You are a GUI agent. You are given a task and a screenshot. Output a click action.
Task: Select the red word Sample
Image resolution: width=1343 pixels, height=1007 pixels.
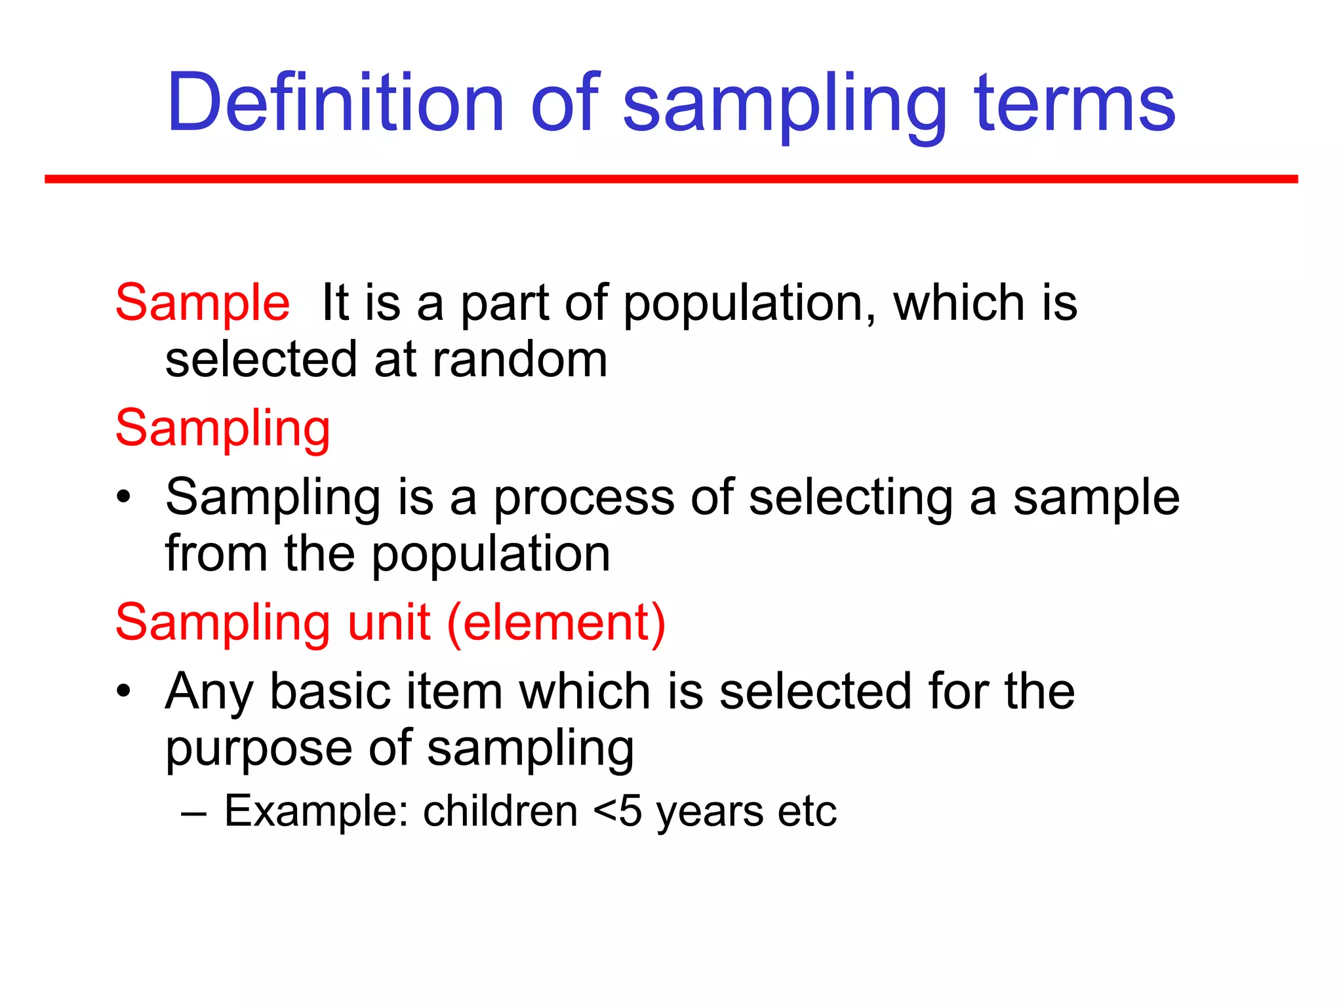point(203,303)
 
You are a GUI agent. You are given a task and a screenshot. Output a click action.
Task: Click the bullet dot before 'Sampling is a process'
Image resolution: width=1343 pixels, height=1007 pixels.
point(124,499)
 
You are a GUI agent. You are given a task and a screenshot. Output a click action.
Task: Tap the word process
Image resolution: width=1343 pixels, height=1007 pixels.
point(584,499)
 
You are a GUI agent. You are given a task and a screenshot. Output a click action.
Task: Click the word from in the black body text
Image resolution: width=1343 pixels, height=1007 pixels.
point(216,554)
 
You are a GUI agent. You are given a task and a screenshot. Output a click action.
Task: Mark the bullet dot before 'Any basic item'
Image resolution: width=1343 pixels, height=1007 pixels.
point(124,692)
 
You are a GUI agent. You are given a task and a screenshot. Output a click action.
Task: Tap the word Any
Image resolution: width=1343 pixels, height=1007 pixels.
point(209,692)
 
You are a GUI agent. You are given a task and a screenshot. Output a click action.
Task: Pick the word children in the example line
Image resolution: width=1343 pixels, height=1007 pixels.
point(500,812)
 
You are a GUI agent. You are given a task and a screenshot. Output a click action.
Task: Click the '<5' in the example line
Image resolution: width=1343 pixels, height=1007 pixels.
point(617,812)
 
